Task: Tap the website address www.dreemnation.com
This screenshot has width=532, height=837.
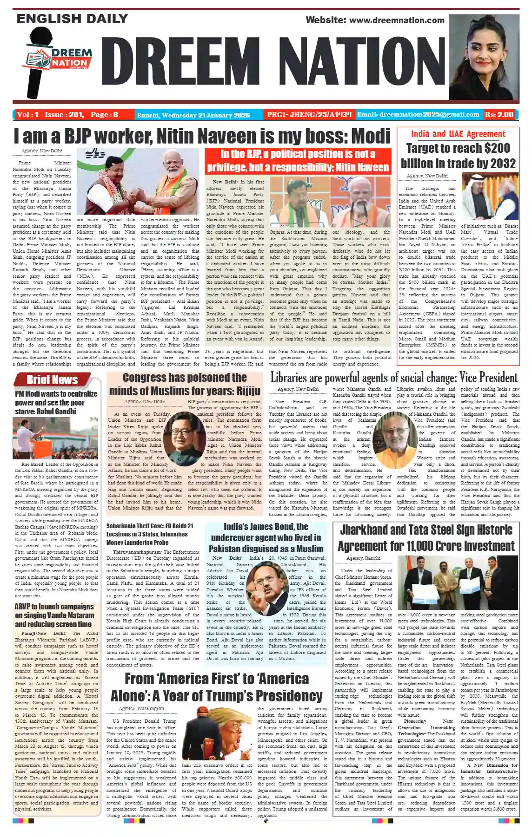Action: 375,20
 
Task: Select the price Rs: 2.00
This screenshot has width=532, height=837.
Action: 499,115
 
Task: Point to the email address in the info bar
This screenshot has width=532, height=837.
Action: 418,115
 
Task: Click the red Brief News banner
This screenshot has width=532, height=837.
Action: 52,379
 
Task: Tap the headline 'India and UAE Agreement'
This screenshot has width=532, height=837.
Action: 458,134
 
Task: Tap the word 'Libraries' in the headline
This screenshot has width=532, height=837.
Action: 294,378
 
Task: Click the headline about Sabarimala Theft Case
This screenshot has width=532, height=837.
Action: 150,534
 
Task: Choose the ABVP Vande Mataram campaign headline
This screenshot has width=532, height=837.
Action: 53,615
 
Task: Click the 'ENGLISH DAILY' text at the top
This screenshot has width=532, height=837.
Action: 72,19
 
